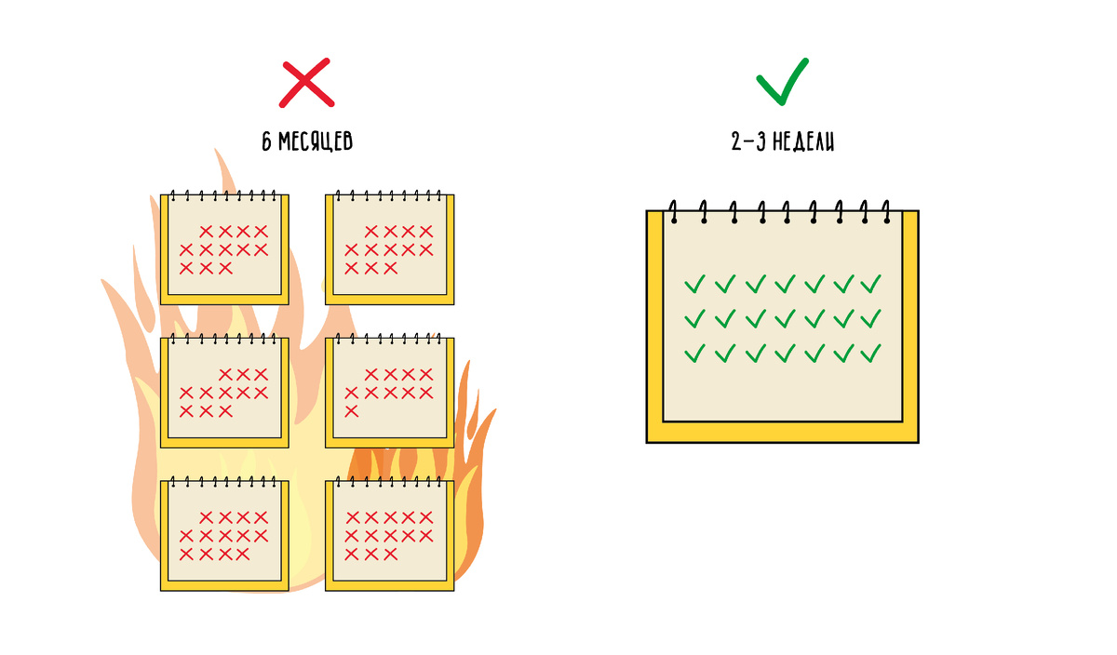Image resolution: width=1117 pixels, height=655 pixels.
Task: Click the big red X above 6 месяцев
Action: tap(306, 82)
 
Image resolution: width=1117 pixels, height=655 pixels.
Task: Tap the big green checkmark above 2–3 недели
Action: tap(782, 81)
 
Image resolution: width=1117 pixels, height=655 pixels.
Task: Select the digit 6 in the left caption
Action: tap(267, 141)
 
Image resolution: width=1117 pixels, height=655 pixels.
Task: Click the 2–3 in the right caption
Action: tap(747, 141)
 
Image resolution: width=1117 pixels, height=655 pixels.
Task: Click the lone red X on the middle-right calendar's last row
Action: tap(352, 411)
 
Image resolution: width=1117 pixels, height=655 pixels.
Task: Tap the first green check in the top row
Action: tap(694, 283)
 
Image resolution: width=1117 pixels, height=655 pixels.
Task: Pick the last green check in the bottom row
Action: tap(871, 354)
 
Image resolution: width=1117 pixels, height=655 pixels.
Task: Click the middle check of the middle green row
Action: tap(783, 318)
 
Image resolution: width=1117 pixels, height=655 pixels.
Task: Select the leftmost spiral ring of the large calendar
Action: tap(672, 212)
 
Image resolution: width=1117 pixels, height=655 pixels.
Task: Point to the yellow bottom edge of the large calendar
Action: tap(782, 432)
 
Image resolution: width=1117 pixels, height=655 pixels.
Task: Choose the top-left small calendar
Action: tap(224, 249)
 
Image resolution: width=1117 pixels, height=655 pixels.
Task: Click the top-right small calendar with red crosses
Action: tap(390, 249)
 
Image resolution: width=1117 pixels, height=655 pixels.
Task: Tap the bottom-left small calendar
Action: tap(224, 536)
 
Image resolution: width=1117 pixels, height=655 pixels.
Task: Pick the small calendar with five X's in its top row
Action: tap(390, 536)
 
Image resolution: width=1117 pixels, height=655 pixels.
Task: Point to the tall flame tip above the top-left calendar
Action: tap(222, 167)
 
